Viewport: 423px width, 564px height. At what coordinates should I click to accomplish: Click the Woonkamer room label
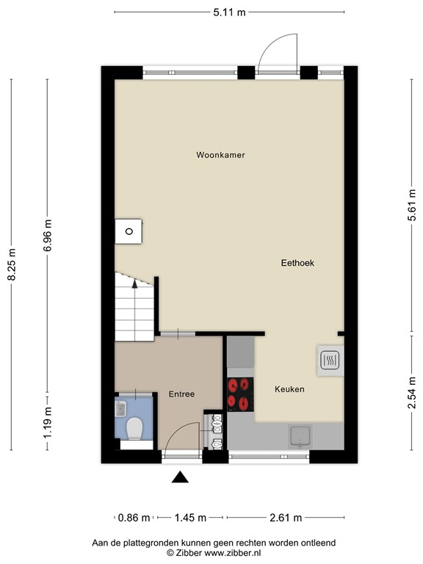point(220,155)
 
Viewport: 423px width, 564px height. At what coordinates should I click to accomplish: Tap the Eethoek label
point(297,262)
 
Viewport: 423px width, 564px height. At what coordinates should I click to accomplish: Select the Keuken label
point(289,388)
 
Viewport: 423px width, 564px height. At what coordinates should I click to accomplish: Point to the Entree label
point(181,394)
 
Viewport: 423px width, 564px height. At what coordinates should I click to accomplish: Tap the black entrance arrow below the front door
point(180,478)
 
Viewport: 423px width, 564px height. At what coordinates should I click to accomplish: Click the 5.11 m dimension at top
point(229,11)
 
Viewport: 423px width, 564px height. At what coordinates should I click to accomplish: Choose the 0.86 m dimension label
point(134,518)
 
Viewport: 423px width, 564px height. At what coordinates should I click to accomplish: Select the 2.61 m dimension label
point(286,518)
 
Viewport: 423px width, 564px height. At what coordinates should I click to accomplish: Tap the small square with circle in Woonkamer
point(129,231)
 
